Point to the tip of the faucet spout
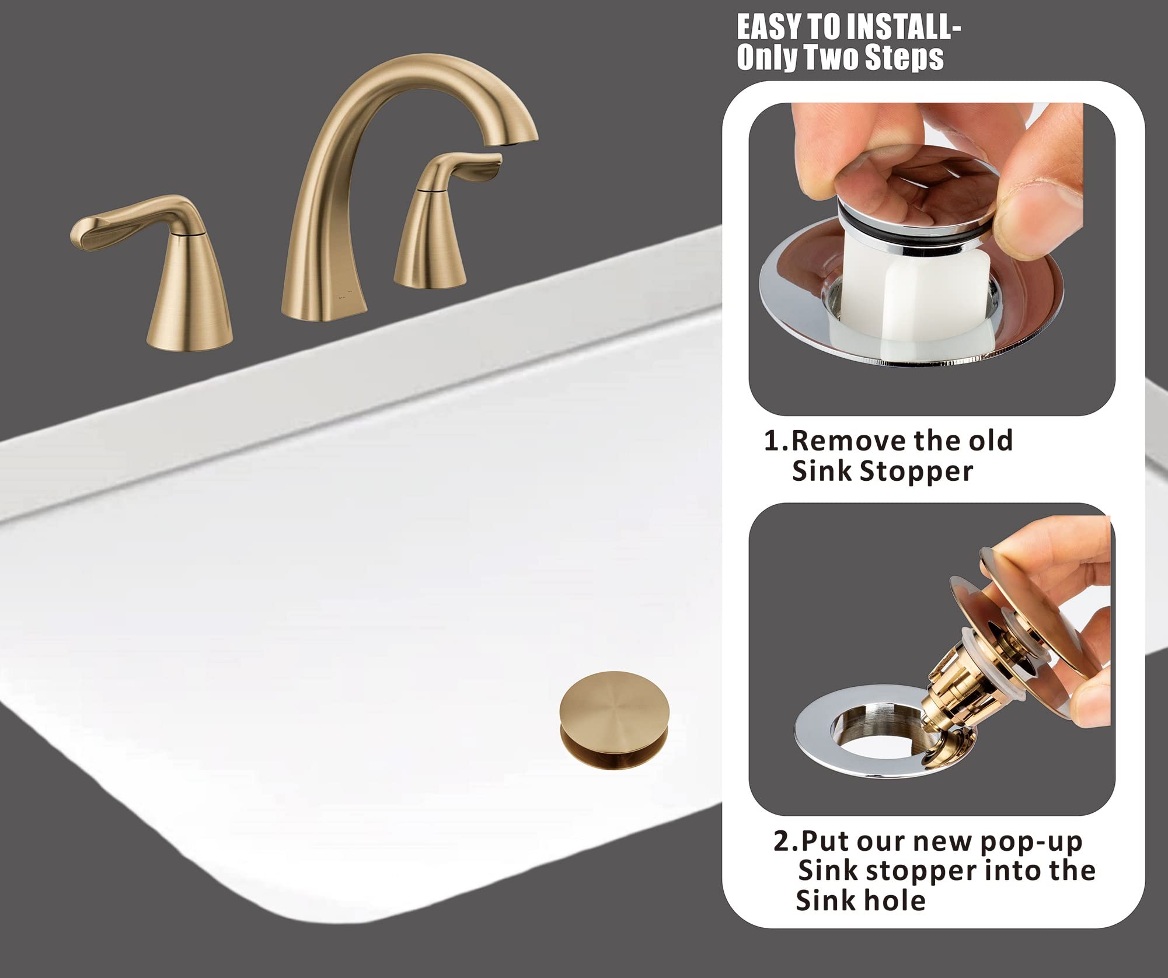tap(520, 139)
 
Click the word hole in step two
tap(897, 902)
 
